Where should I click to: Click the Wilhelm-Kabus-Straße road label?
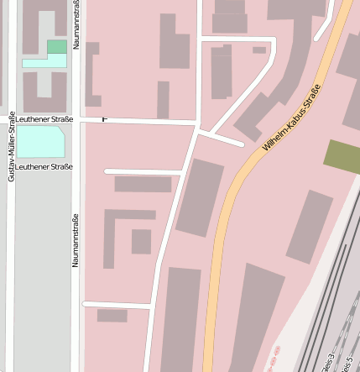click(291, 118)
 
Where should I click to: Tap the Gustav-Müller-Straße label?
click(11, 146)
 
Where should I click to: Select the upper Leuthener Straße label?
click(44, 119)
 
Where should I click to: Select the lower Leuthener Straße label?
click(44, 166)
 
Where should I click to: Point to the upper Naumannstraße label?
click(76, 25)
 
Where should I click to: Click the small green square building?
click(57, 46)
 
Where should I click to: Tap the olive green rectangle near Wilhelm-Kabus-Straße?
click(342, 157)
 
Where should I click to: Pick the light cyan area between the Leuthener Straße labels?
click(40, 142)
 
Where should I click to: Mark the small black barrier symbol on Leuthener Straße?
click(105, 119)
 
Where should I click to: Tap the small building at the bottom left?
click(112, 316)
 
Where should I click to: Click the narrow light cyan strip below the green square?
click(44, 62)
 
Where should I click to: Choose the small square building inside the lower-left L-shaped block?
click(141, 241)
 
